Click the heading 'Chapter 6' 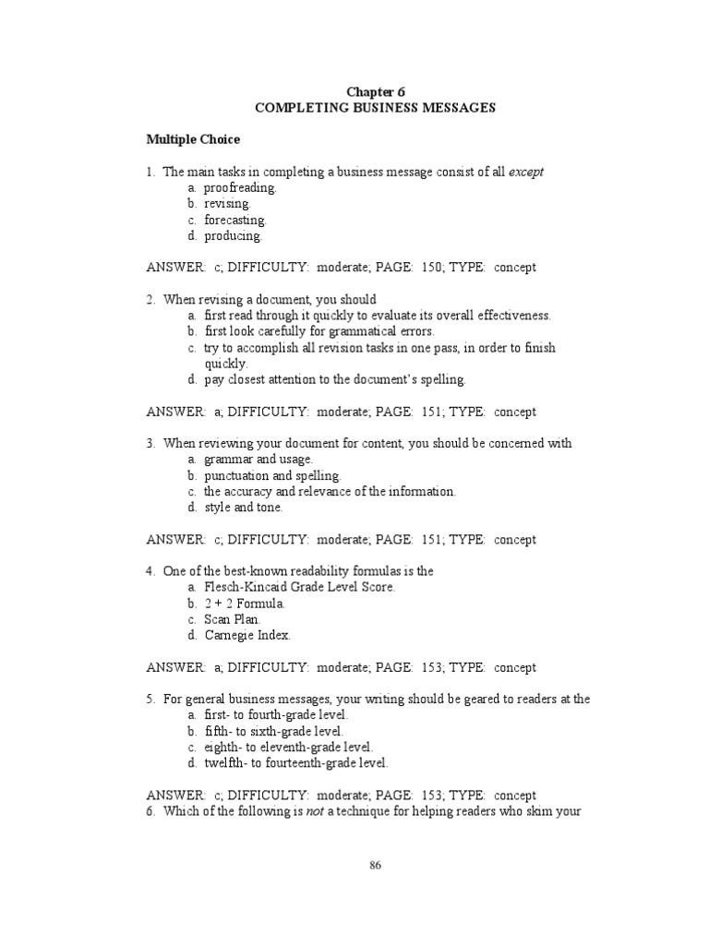pos(375,91)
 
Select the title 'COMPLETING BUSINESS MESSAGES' pos(375,108)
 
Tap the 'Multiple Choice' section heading pos(193,139)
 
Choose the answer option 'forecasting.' pos(234,220)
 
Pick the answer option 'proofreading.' pos(240,187)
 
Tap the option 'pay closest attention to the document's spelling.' pos(335,379)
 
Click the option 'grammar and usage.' pos(258,460)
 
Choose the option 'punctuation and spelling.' pos(272,475)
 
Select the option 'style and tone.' pos(244,508)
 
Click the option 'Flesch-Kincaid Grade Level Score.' pos(299,588)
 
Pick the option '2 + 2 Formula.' pos(245,604)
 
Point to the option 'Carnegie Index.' pos(246,635)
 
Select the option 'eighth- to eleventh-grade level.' pos(288,748)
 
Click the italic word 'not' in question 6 pos(318,811)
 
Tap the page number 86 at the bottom pos(375,866)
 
